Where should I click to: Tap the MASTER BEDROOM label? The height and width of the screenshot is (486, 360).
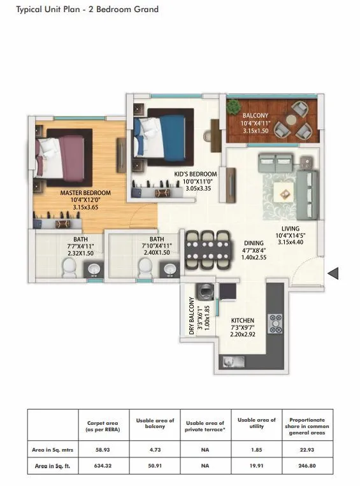click(85, 192)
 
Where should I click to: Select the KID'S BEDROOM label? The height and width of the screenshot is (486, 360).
click(196, 174)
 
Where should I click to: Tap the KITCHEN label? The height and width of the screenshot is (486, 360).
click(243, 320)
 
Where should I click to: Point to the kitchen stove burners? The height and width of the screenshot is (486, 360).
click(276, 323)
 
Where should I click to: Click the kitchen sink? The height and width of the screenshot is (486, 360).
click(234, 362)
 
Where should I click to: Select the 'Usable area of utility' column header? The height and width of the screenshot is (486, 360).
click(257, 423)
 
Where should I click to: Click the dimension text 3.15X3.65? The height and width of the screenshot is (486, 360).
click(85, 207)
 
